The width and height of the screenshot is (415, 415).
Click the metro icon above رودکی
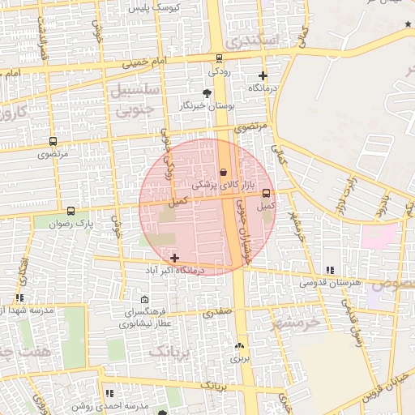click(219, 58)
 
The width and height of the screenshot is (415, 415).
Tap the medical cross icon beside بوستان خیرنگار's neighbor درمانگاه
click(262, 75)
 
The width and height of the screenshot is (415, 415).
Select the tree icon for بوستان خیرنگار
click(207, 93)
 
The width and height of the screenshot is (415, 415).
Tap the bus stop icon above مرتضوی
click(53, 140)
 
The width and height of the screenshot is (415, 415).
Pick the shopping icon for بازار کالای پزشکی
click(223, 172)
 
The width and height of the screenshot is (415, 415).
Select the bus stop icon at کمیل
click(266, 193)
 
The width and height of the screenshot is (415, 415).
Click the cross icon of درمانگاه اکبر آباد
click(175, 257)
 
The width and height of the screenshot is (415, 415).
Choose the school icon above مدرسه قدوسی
click(329, 270)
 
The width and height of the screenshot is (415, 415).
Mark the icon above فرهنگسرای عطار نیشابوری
click(144, 300)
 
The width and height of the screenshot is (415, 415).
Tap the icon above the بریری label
click(238, 345)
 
